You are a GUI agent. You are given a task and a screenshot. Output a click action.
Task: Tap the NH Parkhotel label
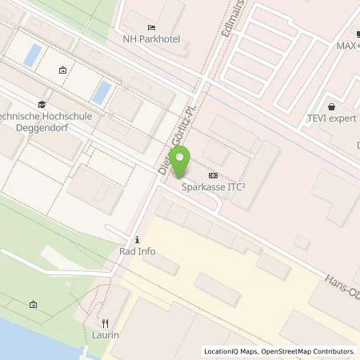[x=150, y=38]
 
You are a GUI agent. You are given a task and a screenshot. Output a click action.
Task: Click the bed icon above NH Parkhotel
[x=151, y=28]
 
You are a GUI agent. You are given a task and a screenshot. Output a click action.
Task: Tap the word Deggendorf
[x=56, y=127]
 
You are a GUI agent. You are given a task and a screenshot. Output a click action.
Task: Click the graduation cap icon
[x=42, y=104]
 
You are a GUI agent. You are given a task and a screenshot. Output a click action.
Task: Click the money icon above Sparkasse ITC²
[x=213, y=175]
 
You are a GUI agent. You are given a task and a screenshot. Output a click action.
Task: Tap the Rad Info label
[x=138, y=251]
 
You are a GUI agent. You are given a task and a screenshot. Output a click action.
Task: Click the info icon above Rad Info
[x=138, y=239]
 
